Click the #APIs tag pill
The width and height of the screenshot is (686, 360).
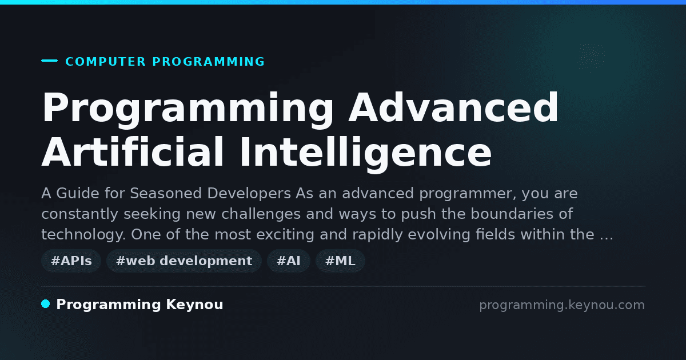pyautogui.click(x=71, y=261)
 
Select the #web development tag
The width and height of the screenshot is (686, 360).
pyautogui.click(x=184, y=261)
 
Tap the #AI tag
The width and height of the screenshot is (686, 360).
pyautogui.click(x=289, y=261)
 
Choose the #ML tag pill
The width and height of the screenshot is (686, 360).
pyautogui.click(x=340, y=261)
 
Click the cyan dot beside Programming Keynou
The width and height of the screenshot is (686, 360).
pyautogui.click(x=46, y=304)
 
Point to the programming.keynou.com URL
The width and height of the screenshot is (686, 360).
pyautogui.click(x=562, y=305)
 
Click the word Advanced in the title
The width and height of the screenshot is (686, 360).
pyautogui.click(x=453, y=108)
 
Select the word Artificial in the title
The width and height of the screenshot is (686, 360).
pyautogui.click(x=132, y=152)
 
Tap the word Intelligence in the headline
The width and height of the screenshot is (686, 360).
pyautogui.click(x=366, y=155)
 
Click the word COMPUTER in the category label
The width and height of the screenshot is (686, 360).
pyautogui.click(x=105, y=62)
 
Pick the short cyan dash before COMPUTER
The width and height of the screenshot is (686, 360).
pyautogui.click(x=49, y=61)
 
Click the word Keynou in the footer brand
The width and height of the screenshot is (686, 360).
pyautogui.click(x=194, y=305)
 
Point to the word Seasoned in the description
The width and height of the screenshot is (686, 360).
pyautogui.click(x=166, y=194)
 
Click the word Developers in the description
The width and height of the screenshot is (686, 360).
pyautogui.click(x=249, y=194)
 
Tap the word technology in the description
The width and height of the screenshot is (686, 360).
pyautogui.click(x=83, y=235)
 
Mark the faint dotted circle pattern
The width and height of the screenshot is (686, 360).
pyautogui.click(x=590, y=57)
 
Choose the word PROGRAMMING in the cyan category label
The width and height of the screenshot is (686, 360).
pyautogui.click(x=208, y=62)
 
